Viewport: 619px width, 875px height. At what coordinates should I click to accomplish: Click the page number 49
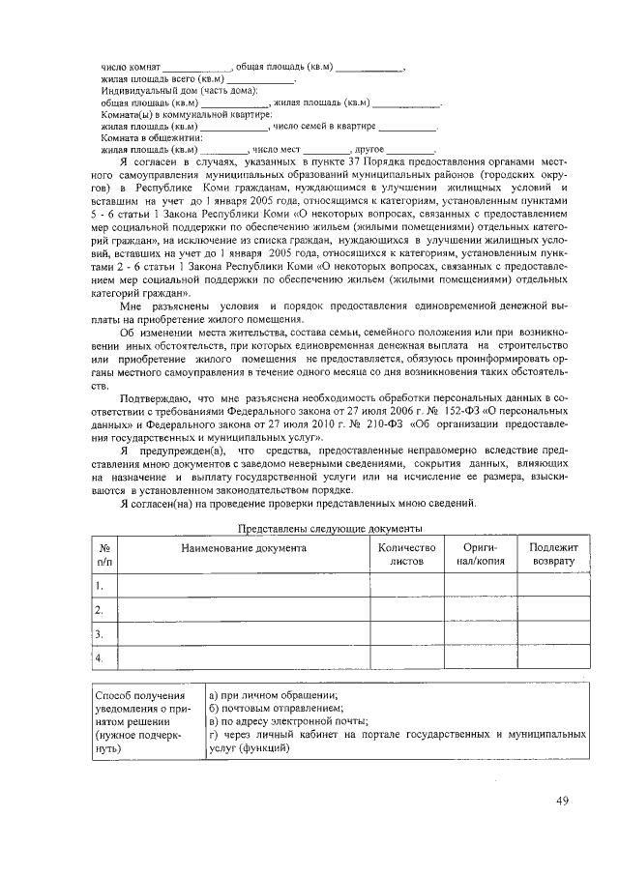(x=563, y=800)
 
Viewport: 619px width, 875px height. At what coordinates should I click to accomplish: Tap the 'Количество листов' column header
(x=406, y=554)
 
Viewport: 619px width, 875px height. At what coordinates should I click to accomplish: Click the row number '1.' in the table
(x=100, y=585)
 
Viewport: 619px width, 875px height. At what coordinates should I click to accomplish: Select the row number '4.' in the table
(x=100, y=658)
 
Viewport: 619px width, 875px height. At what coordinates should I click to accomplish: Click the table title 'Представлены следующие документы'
(x=330, y=528)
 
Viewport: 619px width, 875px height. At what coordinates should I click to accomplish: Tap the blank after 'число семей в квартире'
(x=407, y=126)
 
